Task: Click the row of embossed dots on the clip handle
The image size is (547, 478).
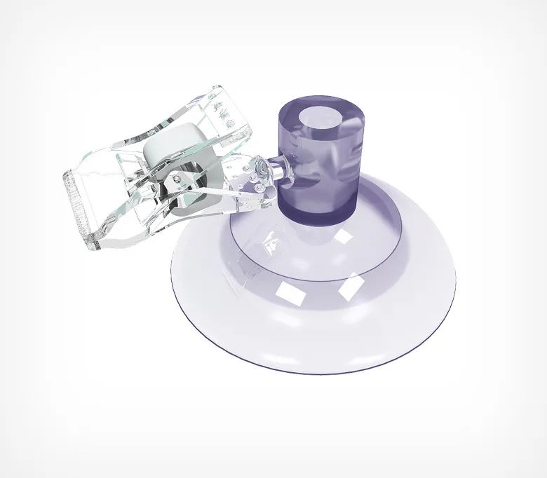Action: pos(226,112)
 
